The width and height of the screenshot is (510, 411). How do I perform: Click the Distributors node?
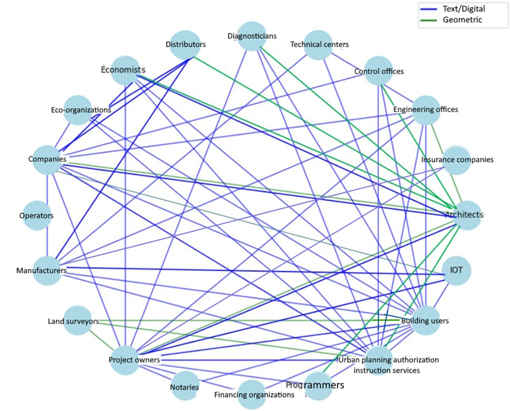(x=185, y=44)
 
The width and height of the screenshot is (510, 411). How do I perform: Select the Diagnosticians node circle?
(x=252, y=36)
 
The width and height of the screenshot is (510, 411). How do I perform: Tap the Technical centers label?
(x=319, y=44)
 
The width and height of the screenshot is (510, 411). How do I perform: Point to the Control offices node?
(x=379, y=71)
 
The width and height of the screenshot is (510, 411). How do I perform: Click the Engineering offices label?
(x=425, y=109)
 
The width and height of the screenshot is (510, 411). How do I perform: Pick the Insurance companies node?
(x=457, y=160)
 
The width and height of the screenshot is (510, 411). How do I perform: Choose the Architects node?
(x=457, y=214)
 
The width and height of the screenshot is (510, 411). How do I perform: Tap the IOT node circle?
(x=457, y=269)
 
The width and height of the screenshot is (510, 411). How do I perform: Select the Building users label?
(x=425, y=321)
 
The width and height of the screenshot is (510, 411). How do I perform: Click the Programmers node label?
(x=315, y=385)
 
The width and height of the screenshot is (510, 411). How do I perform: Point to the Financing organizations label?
(x=254, y=395)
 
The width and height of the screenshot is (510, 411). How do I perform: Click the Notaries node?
(x=185, y=387)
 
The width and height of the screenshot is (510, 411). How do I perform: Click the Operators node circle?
(x=37, y=215)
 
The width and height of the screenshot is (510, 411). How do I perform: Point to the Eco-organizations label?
(x=77, y=110)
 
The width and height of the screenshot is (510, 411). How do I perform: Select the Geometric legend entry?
(x=463, y=20)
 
